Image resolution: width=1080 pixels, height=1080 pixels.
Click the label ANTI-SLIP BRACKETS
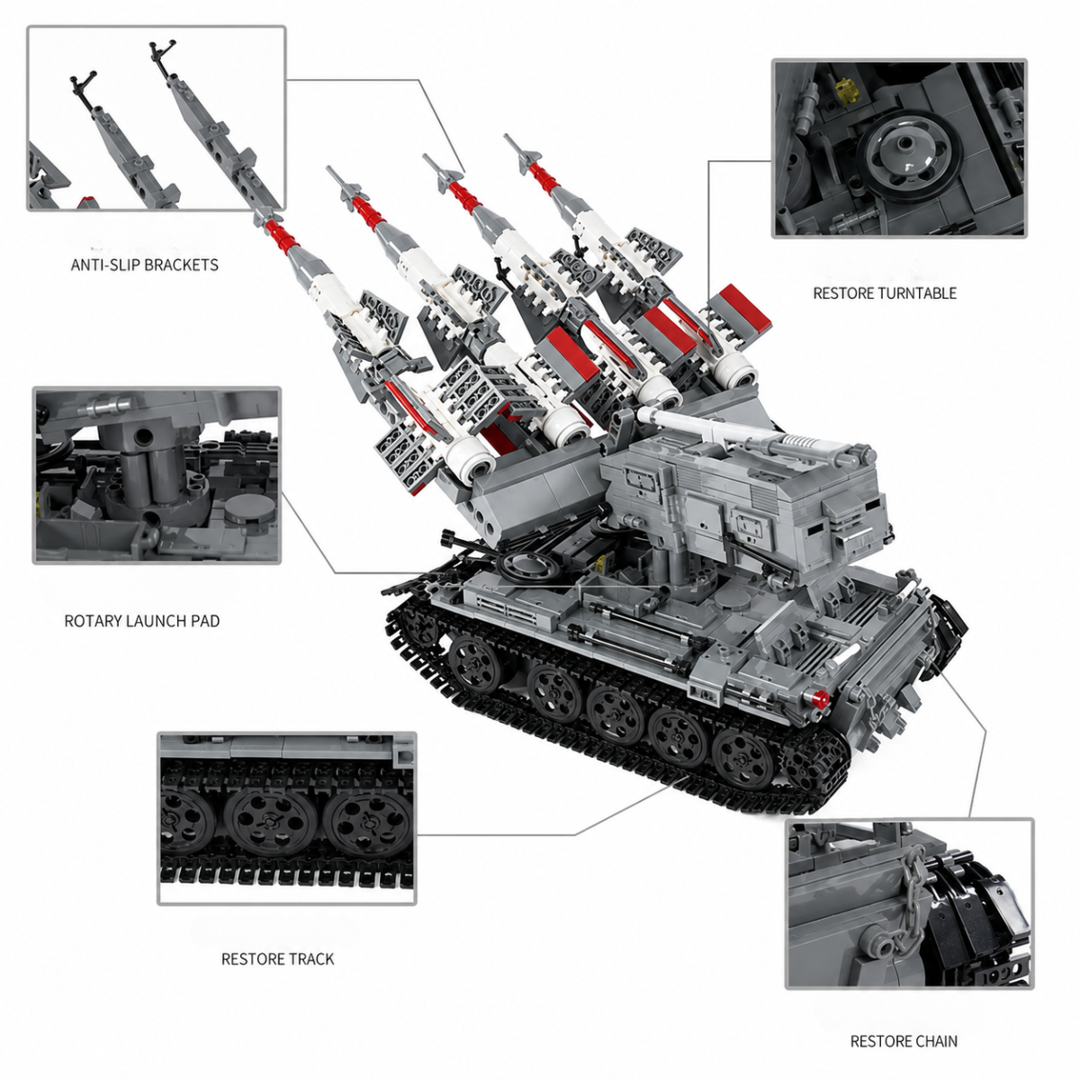point(145,265)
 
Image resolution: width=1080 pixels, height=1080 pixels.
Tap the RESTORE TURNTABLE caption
point(885,293)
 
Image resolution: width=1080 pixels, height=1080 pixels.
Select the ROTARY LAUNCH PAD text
point(142,621)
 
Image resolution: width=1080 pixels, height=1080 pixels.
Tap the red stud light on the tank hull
point(822,697)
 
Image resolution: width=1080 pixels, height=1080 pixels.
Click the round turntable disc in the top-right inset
point(910,157)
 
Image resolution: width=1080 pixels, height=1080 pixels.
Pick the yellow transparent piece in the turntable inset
point(848,90)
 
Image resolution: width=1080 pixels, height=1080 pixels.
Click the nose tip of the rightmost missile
point(507,137)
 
